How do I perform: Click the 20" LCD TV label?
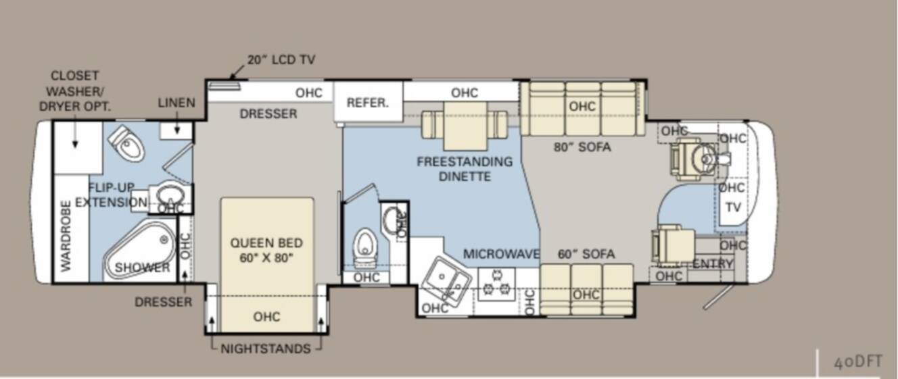[281, 59]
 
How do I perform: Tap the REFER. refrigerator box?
[369, 102]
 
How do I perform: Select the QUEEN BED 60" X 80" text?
[266, 250]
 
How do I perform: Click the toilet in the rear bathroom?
[128, 143]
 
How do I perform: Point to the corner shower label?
[142, 268]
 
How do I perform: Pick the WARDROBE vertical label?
[66, 236]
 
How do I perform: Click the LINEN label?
[176, 103]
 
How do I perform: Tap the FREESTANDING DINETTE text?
[465, 169]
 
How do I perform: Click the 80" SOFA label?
[582, 147]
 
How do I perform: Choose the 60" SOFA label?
[586, 253]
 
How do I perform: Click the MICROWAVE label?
[501, 253]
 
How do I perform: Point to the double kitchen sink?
[446, 280]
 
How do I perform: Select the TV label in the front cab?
[733, 207]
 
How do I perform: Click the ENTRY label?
[713, 263]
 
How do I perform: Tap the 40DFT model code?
[858, 362]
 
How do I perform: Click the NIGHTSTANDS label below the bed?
[266, 349]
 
